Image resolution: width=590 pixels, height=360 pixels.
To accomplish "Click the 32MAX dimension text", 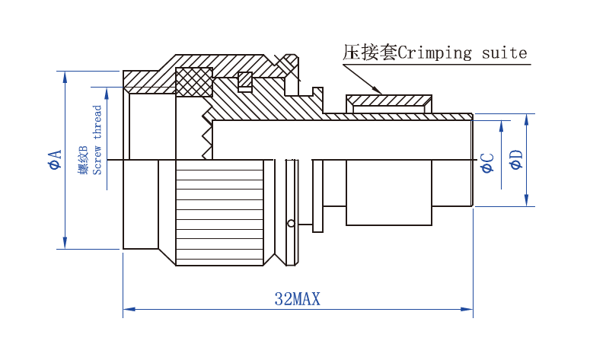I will point(297,299).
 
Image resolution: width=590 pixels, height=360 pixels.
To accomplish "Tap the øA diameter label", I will point(54,160).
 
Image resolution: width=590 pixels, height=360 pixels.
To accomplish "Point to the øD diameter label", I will point(516,160).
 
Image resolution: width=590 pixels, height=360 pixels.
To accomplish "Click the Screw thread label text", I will point(97,139).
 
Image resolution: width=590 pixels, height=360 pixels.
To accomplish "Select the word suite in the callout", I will point(505,53).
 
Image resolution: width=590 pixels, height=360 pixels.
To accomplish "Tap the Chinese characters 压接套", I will point(369,53).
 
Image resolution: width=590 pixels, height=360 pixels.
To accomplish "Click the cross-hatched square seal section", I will point(193,82).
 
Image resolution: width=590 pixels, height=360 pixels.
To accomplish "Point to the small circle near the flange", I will point(291,223).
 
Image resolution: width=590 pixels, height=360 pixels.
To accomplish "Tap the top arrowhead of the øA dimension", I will point(65,76).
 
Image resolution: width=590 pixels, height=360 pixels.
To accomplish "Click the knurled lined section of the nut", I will point(219,212).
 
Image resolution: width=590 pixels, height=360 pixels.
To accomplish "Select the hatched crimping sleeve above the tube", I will point(389,100).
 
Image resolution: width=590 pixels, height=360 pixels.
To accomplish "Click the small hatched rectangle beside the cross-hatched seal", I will point(245,79).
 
